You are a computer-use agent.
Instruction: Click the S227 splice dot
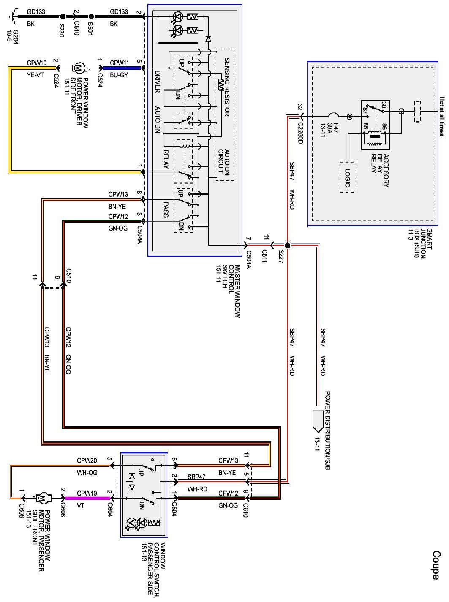(x=287, y=245)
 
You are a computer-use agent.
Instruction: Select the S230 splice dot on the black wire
(x=62, y=17)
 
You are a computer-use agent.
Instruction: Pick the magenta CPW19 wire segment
(x=87, y=498)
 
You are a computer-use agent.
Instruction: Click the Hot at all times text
(x=441, y=115)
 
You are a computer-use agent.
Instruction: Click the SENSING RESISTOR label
(x=226, y=87)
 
